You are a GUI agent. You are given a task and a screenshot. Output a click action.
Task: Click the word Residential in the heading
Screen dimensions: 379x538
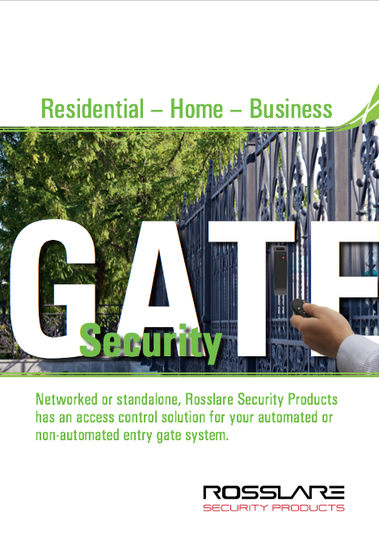[92, 108]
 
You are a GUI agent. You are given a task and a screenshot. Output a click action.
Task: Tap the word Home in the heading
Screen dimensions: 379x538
[196, 108]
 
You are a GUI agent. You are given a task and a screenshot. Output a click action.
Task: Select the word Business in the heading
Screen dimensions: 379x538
[291, 108]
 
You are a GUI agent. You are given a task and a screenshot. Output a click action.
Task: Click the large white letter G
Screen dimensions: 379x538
[52, 289]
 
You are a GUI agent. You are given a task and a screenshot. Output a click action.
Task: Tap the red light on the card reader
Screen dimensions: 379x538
[283, 257]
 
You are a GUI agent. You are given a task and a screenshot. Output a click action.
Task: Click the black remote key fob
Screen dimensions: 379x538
[300, 308]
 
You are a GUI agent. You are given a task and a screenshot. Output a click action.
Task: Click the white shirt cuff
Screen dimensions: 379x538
[359, 353]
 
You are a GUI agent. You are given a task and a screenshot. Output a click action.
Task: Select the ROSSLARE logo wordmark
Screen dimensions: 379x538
[274, 493]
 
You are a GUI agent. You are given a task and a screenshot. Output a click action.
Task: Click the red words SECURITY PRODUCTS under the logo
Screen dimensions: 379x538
[274, 508]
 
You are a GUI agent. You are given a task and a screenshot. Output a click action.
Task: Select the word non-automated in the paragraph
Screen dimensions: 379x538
[78, 435]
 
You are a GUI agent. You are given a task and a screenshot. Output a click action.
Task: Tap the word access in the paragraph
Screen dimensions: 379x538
[95, 418]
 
